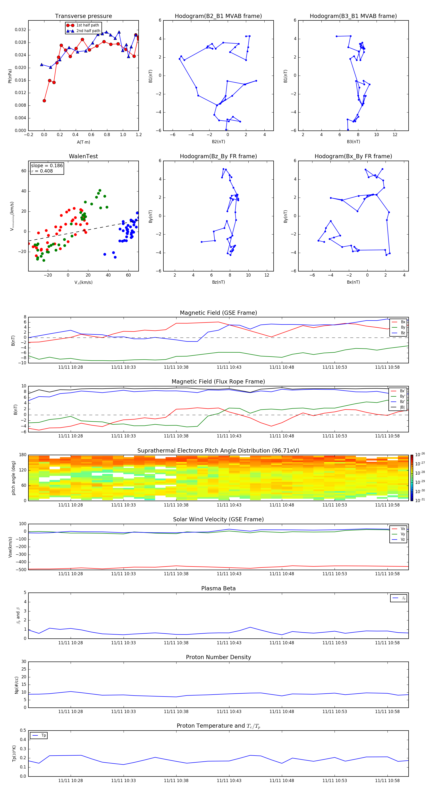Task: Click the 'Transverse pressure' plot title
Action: (83, 16)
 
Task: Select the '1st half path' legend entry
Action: (87, 25)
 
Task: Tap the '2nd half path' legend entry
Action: (88, 31)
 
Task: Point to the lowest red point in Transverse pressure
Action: (44, 101)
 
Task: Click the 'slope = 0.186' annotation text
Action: (47, 166)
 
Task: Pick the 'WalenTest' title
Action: (83, 156)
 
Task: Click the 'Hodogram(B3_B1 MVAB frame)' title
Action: (353, 16)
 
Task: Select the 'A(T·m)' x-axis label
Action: (83, 142)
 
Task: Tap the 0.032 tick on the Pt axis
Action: (21, 30)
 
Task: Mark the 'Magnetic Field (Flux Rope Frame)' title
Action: (218, 382)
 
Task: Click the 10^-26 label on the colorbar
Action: (420, 454)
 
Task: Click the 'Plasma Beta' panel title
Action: (218, 588)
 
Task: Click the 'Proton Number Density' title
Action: (218, 657)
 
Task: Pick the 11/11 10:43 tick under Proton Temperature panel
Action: (229, 781)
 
